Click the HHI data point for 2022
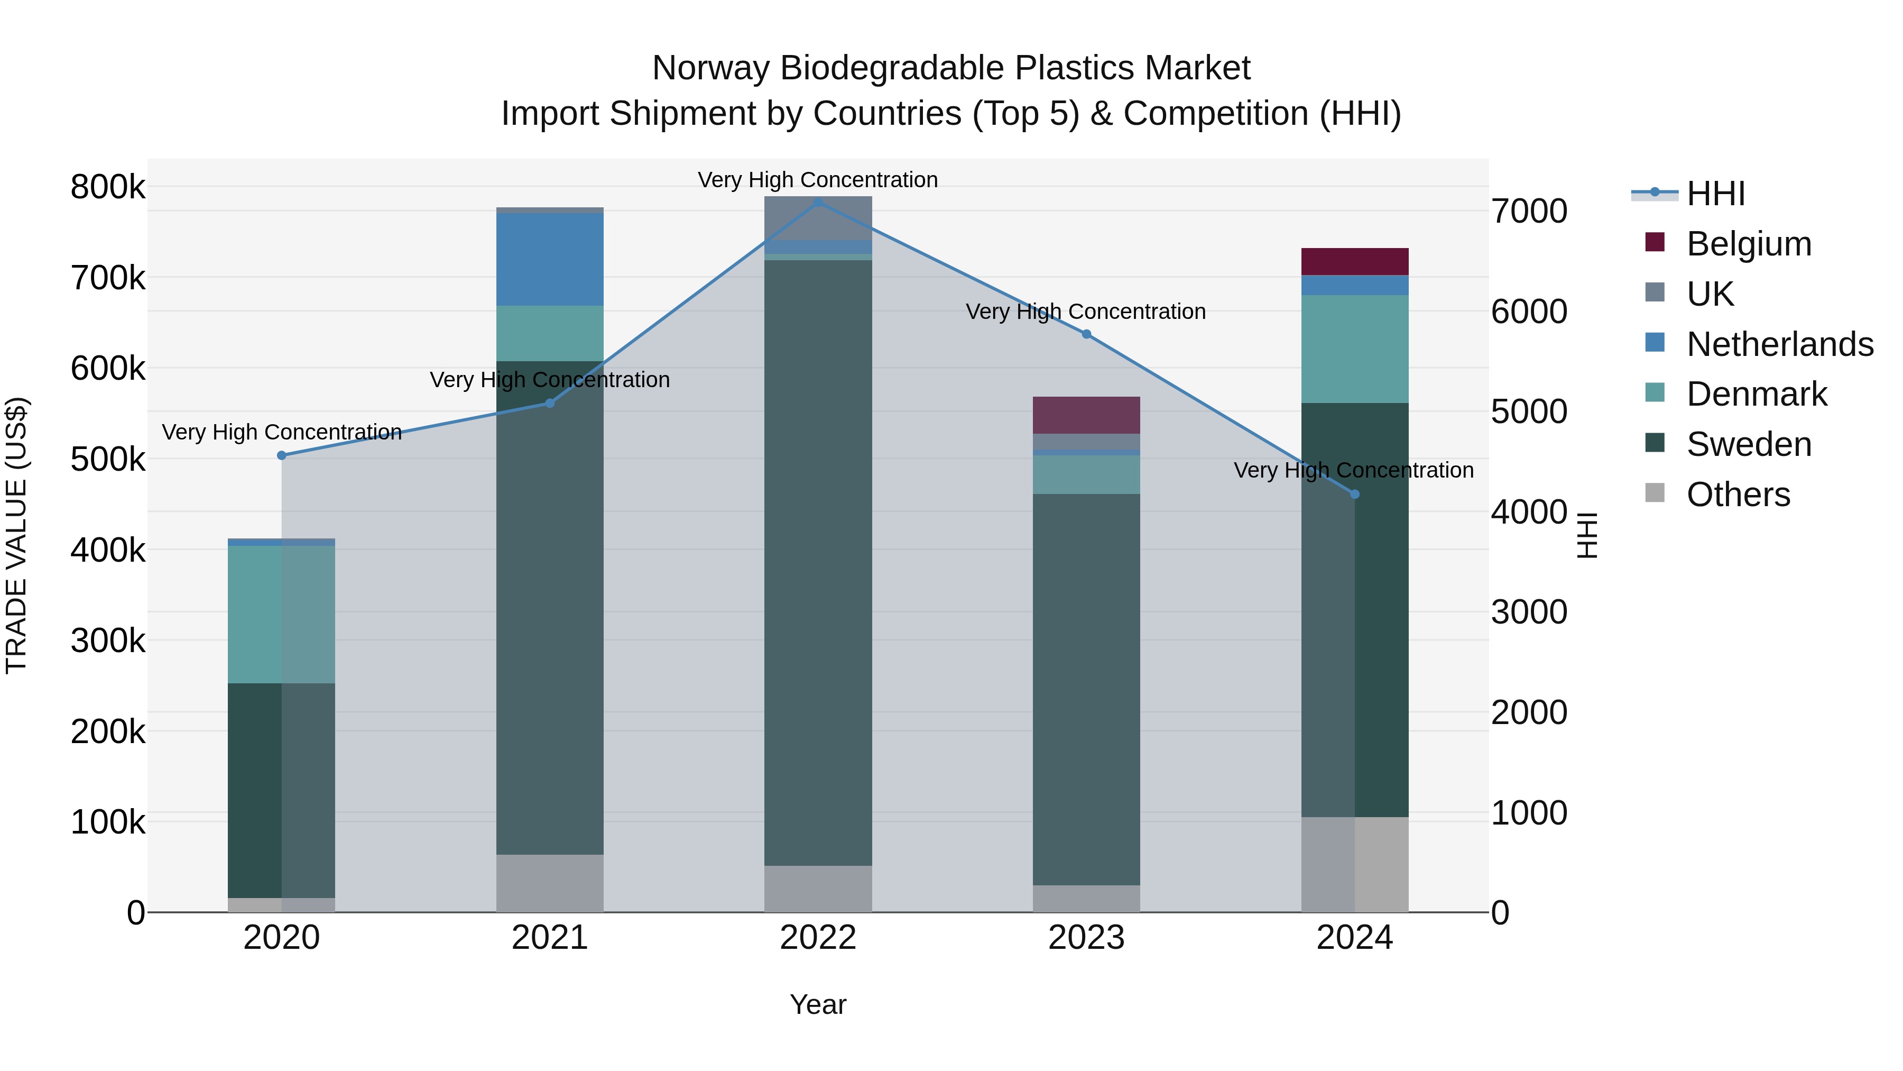click(818, 203)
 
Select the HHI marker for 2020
click(281, 455)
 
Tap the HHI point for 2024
click(1354, 494)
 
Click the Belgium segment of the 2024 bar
click(1354, 262)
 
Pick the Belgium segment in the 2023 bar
click(1086, 415)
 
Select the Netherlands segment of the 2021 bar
click(550, 259)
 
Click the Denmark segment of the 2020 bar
click(281, 614)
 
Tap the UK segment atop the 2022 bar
click(818, 217)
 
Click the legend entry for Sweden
click(1749, 444)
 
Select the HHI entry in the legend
click(1715, 194)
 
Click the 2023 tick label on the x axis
click(1086, 938)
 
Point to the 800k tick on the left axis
click(108, 187)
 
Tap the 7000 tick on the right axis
click(1528, 212)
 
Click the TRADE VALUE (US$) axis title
click(17, 535)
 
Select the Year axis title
click(818, 1004)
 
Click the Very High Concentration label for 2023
click(1085, 312)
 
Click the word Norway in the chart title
click(710, 68)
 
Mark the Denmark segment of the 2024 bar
click(1354, 349)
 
